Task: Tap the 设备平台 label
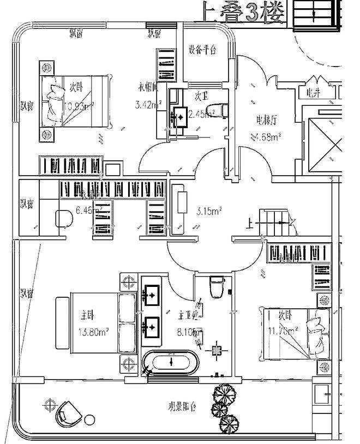(202, 50)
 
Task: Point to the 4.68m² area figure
(266, 136)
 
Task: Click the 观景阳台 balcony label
(182, 407)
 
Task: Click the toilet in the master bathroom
(218, 287)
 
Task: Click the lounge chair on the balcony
(69, 413)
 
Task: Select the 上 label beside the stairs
(250, 223)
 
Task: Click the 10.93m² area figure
(79, 106)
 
